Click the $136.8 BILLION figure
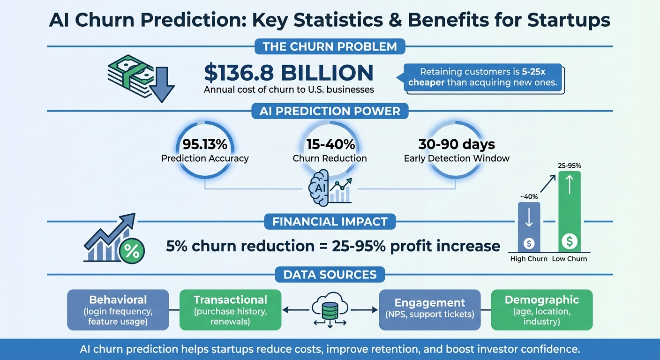(x=289, y=73)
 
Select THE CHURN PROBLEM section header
(x=330, y=46)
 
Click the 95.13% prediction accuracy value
(x=205, y=144)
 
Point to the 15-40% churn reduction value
(x=330, y=144)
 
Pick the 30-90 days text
(x=457, y=144)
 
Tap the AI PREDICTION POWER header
(x=330, y=111)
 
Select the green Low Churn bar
(x=570, y=211)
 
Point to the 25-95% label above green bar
(x=570, y=165)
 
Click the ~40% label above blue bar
(x=528, y=196)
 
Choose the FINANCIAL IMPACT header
(x=330, y=221)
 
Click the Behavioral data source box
(x=118, y=309)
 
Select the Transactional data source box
(x=230, y=309)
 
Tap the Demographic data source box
(x=541, y=309)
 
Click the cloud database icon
(x=330, y=310)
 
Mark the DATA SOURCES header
(x=330, y=274)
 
